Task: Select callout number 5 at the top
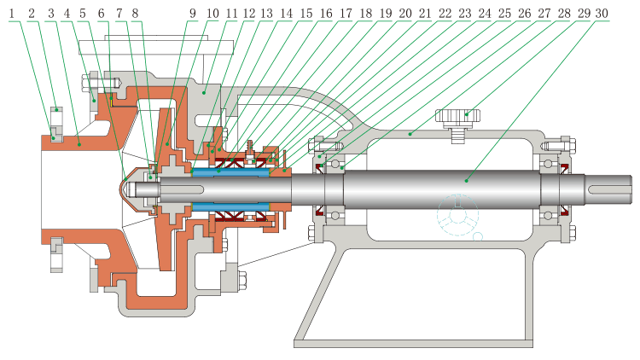[82, 14]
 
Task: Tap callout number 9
[192, 14]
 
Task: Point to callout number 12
[249, 14]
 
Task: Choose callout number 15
[305, 14]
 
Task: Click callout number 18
[368, 14]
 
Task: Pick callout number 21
[423, 14]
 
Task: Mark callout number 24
[484, 14]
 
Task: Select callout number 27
[542, 14]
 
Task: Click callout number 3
[51, 14]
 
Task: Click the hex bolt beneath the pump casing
[241, 278]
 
